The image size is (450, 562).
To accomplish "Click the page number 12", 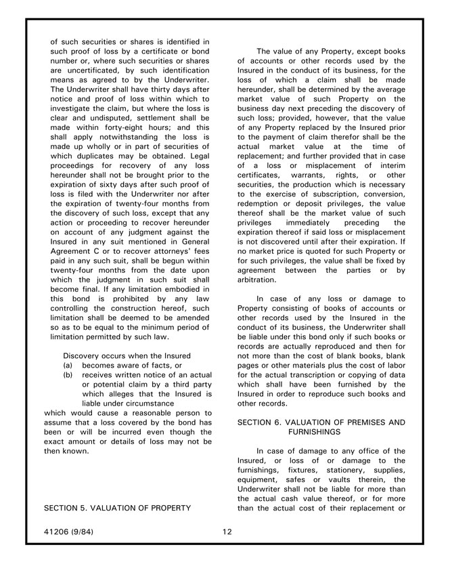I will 227,532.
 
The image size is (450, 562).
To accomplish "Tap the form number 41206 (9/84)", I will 68,532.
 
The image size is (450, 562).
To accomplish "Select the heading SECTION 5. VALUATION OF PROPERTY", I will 117,507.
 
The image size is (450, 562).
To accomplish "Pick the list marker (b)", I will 68,374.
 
